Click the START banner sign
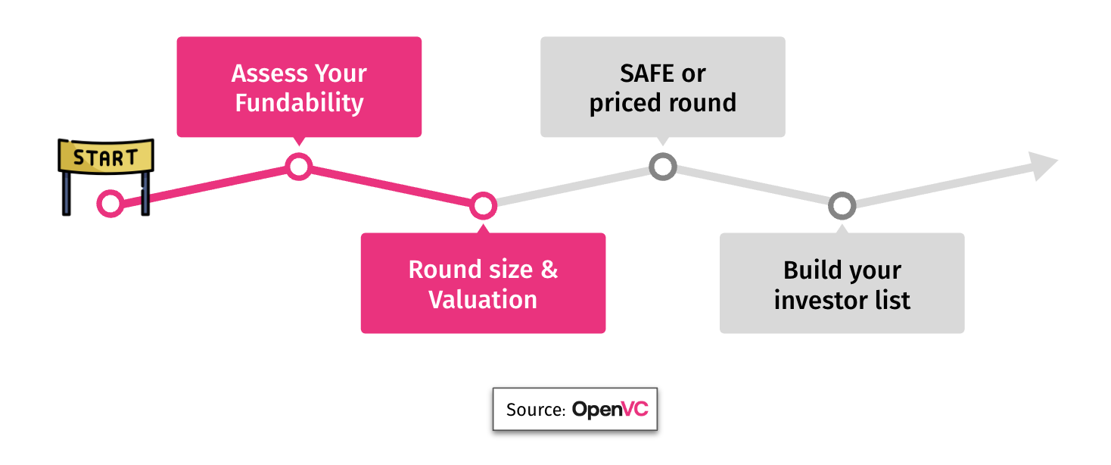coord(106,156)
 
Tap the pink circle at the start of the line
coord(110,204)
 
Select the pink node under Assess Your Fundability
coord(299,167)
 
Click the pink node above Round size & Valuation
coord(483,205)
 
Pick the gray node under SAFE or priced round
coord(663,167)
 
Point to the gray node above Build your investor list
coord(842,205)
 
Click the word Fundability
coord(299,103)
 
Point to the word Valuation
coord(483,300)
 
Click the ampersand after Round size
coord(549,270)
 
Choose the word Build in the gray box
coord(812,270)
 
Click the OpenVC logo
coord(609,410)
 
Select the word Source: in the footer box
coord(536,410)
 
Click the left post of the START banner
coord(67,194)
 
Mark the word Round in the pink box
coord(445,270)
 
